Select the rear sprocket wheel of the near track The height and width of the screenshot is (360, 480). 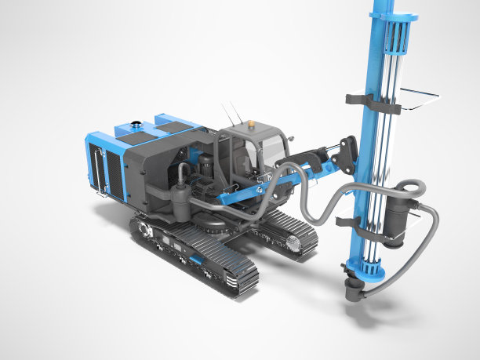coord(144,230)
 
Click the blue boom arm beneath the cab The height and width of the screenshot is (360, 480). coord(243,193)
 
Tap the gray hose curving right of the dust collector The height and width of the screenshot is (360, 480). coord(430,243)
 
